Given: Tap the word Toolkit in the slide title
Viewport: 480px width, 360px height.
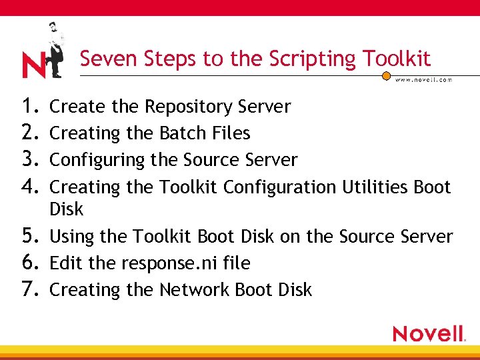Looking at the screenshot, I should coord(398,59).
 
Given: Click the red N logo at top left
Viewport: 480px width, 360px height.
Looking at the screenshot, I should coord(33,65).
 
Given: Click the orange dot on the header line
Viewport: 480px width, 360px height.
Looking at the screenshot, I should coord(386,77).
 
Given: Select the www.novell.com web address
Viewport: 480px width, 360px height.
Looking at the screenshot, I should coord(423,79).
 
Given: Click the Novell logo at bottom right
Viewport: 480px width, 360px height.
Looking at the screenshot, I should coord(429,333).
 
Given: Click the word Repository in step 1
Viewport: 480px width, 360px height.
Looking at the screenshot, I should coord(188,107).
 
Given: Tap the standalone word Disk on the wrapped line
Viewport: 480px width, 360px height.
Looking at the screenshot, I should coord(67,209).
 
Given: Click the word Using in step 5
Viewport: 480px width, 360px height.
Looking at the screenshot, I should coord(70,237).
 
